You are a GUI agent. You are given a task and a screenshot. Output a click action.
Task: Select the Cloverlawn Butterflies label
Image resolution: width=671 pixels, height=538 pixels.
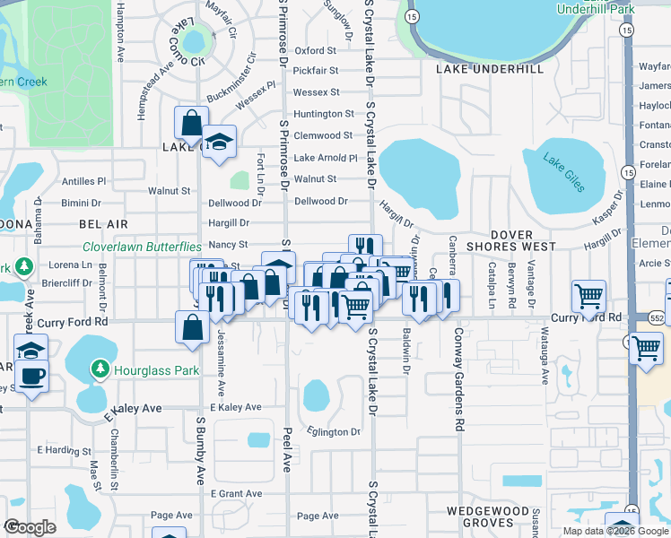pos(142,246)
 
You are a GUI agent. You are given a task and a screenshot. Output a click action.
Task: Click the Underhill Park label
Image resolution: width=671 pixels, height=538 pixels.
pos(596,8)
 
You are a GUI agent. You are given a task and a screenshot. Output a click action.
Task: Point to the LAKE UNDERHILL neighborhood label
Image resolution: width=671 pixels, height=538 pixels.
pos(490,69)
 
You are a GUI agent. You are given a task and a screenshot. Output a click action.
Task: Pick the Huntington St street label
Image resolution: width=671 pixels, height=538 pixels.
pos(323,114)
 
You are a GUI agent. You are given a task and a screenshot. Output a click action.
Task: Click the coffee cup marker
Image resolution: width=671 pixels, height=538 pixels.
pos(32,376)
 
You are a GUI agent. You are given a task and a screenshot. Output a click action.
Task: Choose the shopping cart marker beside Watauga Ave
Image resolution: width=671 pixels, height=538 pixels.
pos(589,295)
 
